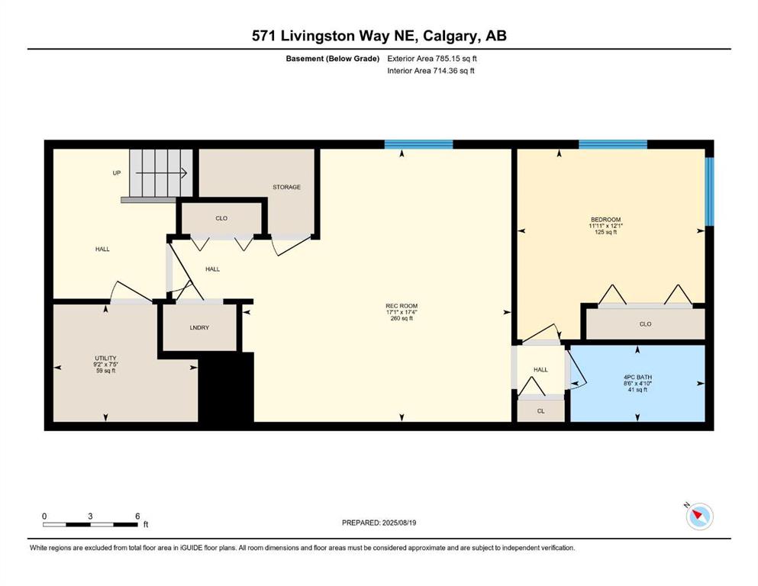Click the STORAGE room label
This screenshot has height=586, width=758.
click(287, 187)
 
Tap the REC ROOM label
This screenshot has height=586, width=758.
click(402, 306)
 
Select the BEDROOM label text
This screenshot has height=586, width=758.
click(605, 219)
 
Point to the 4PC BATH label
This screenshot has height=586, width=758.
click(637, 377)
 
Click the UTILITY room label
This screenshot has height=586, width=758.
click(105, 358)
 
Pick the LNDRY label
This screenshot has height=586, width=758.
click(199, 327)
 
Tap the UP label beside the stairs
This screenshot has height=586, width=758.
click(117, 173)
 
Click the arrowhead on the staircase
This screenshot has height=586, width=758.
click(184, 173)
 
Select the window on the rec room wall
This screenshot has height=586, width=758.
click(418, 144)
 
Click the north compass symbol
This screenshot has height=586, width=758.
click(699, 516)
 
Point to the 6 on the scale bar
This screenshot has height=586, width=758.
click(137, 516)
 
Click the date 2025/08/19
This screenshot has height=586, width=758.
click(398, 523)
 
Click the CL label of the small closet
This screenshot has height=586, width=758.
click(540, 411)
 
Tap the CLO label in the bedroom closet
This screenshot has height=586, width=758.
click(645, 324)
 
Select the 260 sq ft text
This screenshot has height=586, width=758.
click(402, 318)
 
